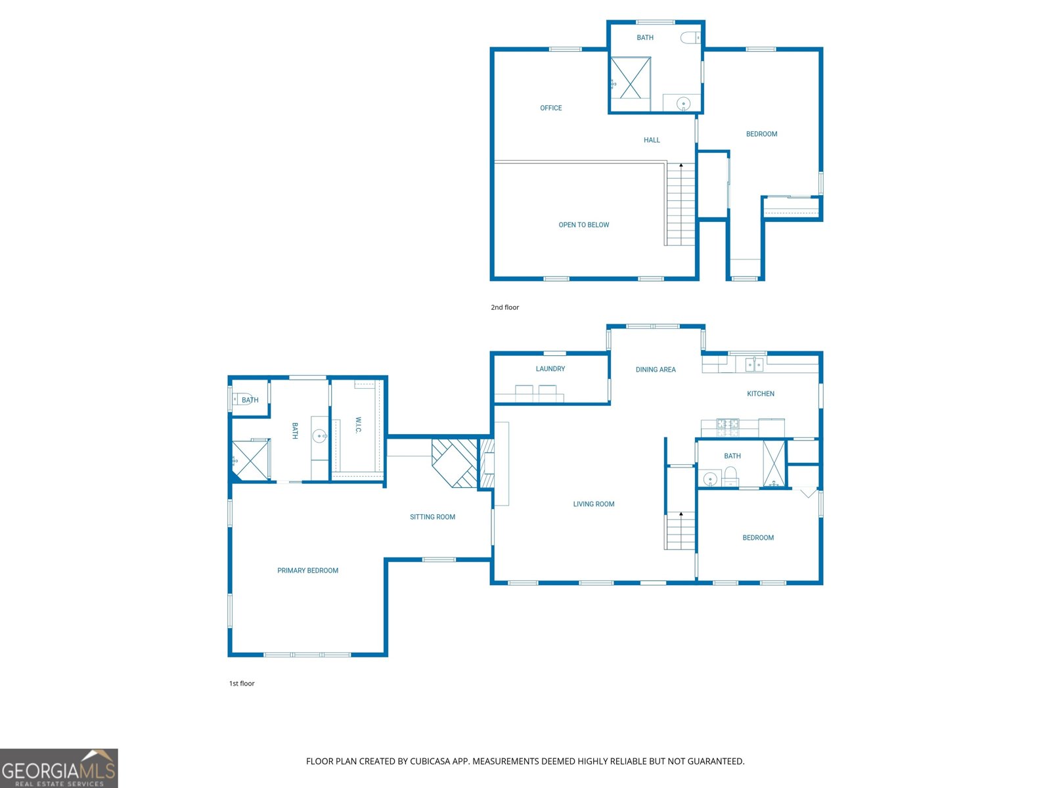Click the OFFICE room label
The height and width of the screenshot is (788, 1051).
(x=550, y=108)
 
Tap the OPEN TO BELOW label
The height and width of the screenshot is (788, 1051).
(x=584, y=225)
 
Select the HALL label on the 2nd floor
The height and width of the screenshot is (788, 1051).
(x=652, y=140)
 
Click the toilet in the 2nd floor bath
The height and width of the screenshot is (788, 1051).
(x=690, y=37)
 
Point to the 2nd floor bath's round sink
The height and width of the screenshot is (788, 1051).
(x=683, y=103)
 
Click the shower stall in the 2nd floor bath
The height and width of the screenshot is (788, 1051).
(x=631, y=78)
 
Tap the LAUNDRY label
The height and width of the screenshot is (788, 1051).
(x=550, y=369)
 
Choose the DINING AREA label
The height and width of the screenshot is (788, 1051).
(x=656, y=370)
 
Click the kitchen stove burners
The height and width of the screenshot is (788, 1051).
(x=727, y=427)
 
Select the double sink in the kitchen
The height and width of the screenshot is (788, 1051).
(x=754, y=364)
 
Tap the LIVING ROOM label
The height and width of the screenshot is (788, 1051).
(x=594, y=504)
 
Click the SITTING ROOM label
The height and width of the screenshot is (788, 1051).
(x=432, y=517)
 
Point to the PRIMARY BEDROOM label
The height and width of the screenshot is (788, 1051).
(x=308, y=571)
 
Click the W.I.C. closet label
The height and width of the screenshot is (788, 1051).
(x=358, y=425)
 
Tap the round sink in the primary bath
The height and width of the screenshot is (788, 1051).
(x=319, y=436)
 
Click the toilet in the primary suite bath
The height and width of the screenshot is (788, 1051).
(x=242, y=399)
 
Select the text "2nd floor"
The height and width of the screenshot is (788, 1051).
(x=504, y=307)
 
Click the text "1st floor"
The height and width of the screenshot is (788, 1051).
(x=242, y=684)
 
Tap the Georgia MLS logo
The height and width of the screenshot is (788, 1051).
(x=59, y=768)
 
